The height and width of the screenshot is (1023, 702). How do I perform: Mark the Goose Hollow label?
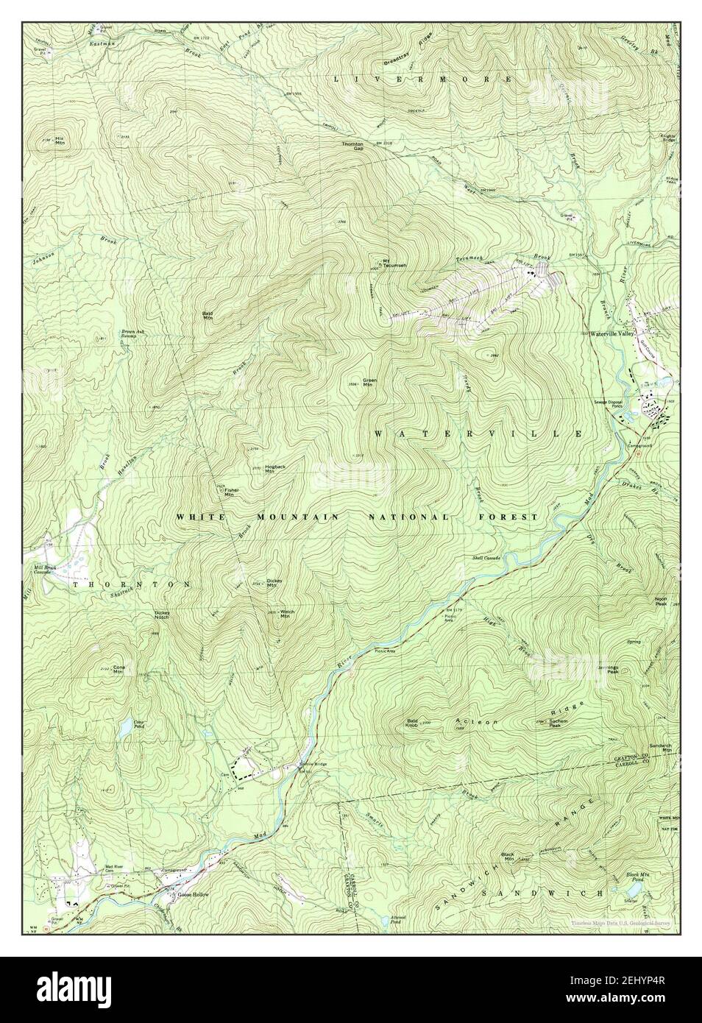[194, 895]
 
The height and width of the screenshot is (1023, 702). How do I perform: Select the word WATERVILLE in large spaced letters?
[478, 435]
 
